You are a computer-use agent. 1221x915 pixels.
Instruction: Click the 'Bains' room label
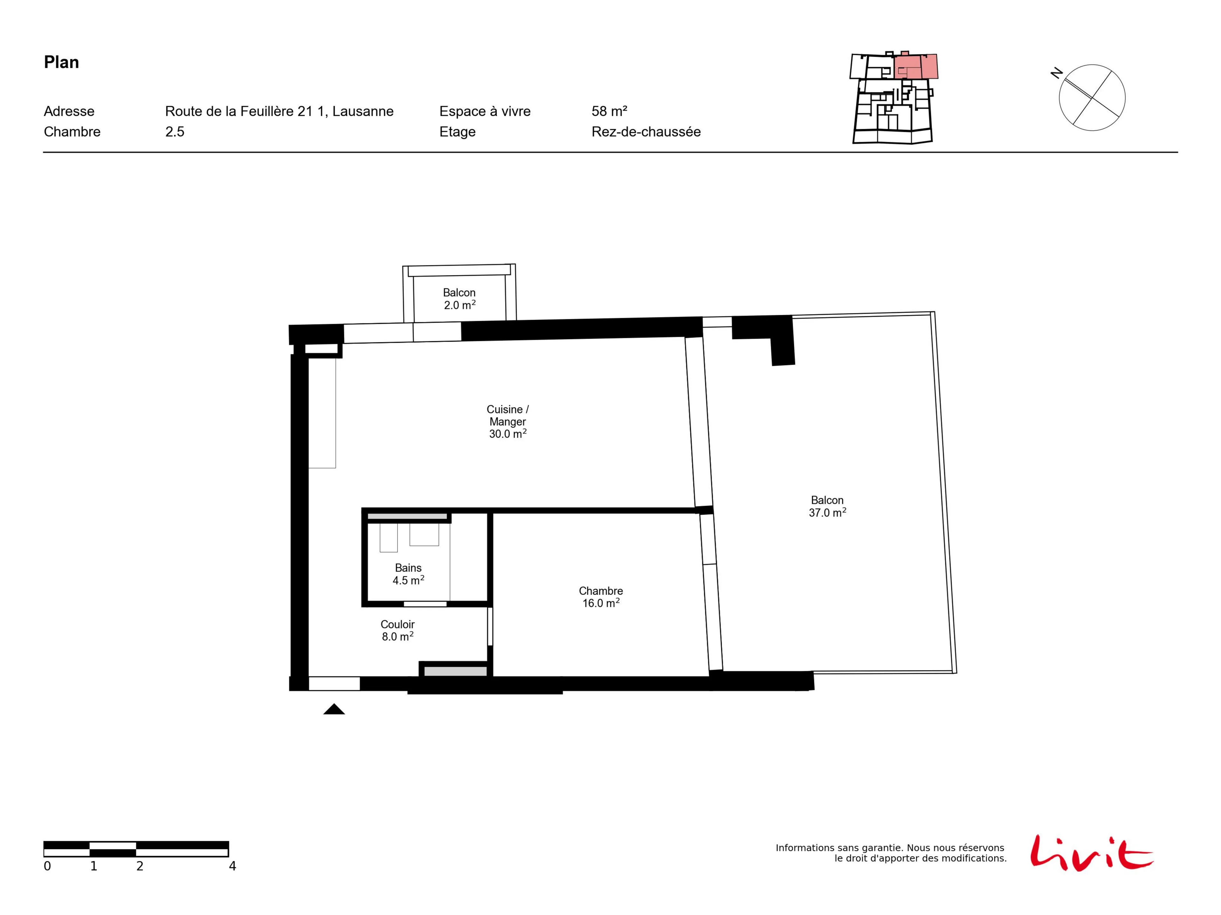(409, 568)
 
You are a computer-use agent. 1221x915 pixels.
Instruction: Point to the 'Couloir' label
(397, 624)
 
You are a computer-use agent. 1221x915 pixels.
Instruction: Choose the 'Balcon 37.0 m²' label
(827, 506)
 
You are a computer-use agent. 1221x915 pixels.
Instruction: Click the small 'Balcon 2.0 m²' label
(459, 298)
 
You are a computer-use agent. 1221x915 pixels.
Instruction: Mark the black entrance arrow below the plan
(334, 709)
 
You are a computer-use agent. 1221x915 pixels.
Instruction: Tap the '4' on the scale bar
(232, 866)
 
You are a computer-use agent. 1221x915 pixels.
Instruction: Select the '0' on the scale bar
(47, 866)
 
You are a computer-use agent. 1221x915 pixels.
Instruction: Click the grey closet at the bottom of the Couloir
(455, 671)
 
